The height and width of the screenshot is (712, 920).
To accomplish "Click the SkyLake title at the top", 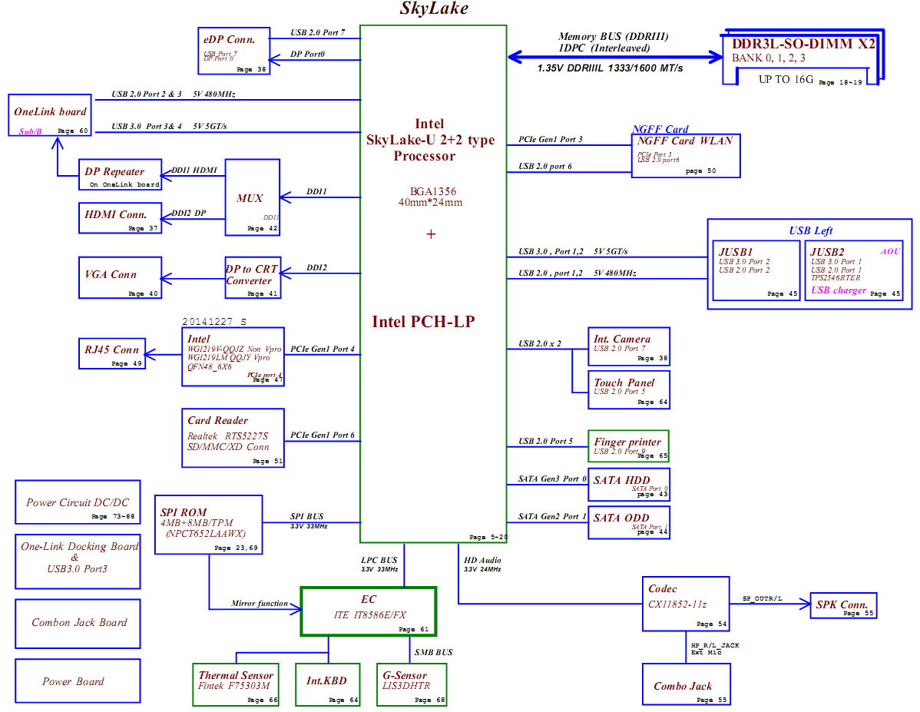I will (434, 9).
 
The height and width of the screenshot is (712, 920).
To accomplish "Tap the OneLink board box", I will (50, 116).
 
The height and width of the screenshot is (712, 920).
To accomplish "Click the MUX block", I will (252, 197).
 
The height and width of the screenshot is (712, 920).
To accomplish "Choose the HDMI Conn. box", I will (121, 218).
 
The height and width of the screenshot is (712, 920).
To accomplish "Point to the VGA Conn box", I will (121, 278).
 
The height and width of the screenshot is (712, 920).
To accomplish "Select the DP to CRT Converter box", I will (252, 277).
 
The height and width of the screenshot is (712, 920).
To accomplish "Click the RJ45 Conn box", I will (111, 353).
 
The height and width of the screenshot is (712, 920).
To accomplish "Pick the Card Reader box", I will (233, 437).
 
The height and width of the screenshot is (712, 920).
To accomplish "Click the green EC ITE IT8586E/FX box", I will (368, 611).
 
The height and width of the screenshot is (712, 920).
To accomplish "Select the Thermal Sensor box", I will (236, 684).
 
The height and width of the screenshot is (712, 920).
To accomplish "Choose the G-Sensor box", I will (412, 684).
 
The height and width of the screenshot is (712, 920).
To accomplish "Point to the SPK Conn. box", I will (842, 605).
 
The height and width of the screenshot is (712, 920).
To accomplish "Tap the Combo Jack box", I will (686, 684).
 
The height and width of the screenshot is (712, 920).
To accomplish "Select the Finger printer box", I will (628, 445).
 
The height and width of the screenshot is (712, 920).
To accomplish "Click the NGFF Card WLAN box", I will (686, 155).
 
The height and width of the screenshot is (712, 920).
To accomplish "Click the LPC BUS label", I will (379, 561).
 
